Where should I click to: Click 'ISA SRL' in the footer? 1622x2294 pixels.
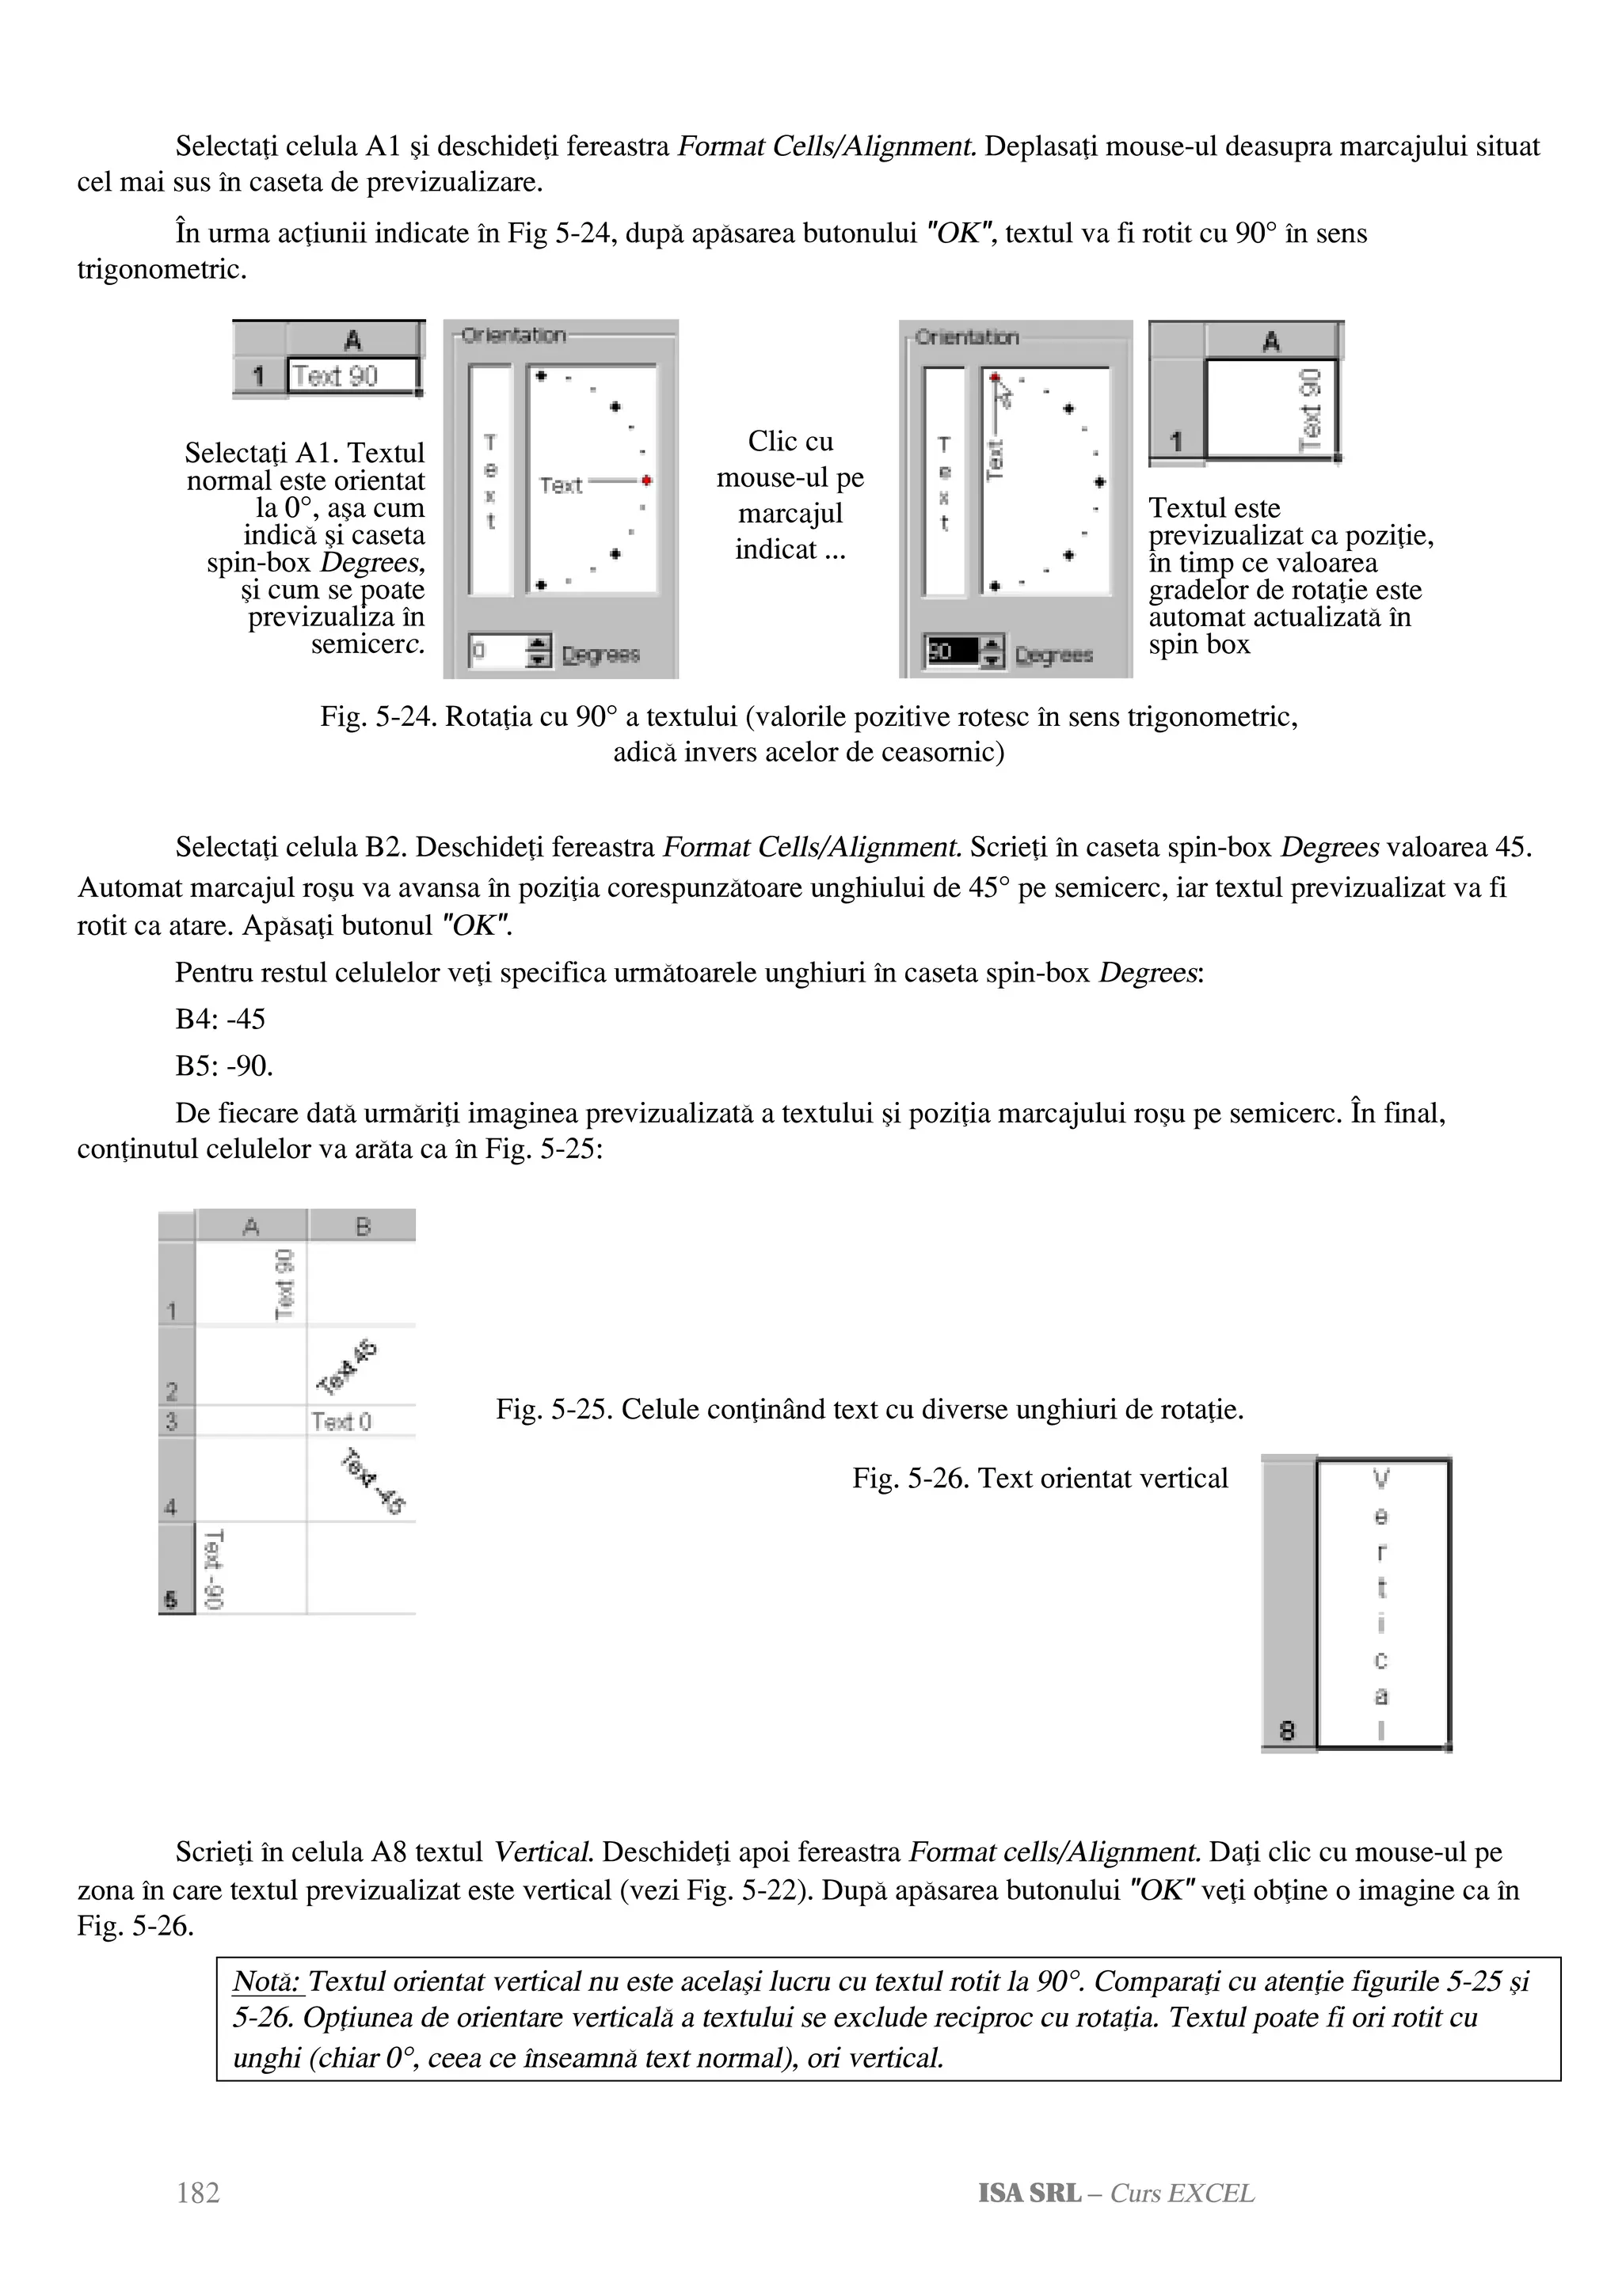pyautogui.click(x=1028, y=2193)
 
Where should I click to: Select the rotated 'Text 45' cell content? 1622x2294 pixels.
pyautogui.click(x=347, y=1367)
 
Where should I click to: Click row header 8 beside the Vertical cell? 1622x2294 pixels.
pyautogui.click(x=1287, y=1730)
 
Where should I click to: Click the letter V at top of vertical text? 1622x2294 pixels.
pyautogui.click(x=1381, y=1478)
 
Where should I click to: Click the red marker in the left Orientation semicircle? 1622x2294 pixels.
pyautogui.click(x=648, y=481)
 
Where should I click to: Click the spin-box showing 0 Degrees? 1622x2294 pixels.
pyautogui.click(x=496, y=652)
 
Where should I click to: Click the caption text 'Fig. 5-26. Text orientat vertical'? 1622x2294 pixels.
pyautogui.click(x=1039, y=1479)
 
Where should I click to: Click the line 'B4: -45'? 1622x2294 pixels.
pyautogui.click(x=220, y=1019)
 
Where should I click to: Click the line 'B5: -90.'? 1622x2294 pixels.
pyautogui.click(x=224, y=1066)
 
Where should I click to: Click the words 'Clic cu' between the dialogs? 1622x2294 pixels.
pyautogui.click(x=790, y=442)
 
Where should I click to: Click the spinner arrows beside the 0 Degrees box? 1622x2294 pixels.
pyautogui.click(x=538, y=652)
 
